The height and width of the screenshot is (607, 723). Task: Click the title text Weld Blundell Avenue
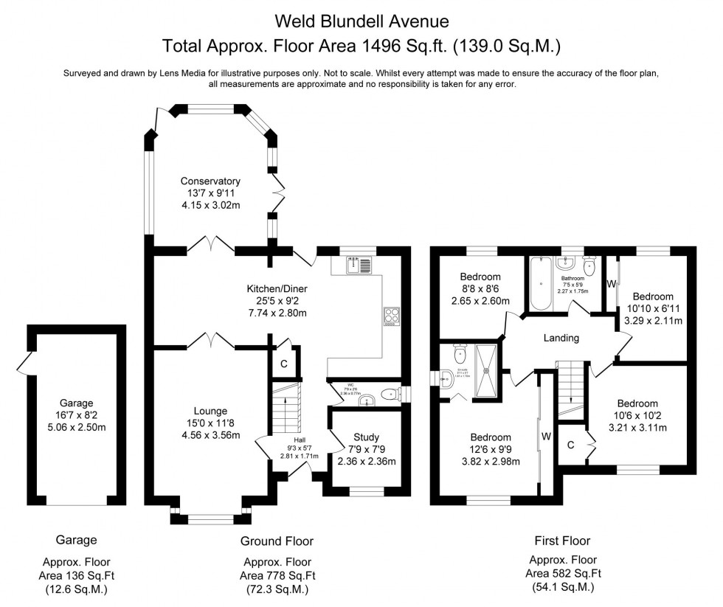pos(361,18)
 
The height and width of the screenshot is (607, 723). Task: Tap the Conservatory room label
pos(212,181)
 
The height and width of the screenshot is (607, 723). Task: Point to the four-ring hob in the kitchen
pos(391,316)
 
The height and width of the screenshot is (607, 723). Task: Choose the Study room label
pos(366,438)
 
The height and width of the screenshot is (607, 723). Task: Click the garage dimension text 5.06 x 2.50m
pos(77,428)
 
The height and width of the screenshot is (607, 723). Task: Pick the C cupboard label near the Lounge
pos(283,364)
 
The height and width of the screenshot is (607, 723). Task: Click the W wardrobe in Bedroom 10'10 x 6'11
pos(610,284)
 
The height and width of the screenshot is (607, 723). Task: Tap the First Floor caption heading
pos(561,541)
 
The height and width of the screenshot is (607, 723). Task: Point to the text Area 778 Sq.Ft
pos(277,575)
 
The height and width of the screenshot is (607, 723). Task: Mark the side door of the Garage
pos(25,363)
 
